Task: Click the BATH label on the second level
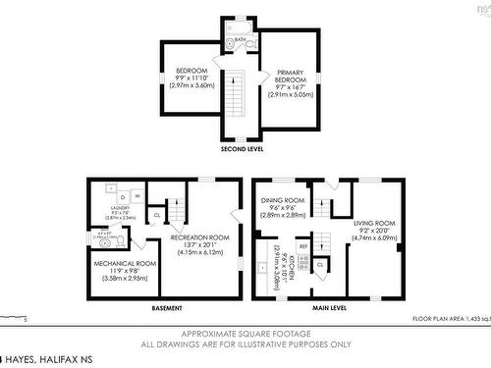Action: pyautogui.click(x=241, y=40)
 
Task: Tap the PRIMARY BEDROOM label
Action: pyautogui.click(x=289, y=79)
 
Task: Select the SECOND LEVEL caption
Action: pyautogui.click(x=241, y=149)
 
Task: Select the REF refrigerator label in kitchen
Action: pyautogui.click(x=303, y=246)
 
